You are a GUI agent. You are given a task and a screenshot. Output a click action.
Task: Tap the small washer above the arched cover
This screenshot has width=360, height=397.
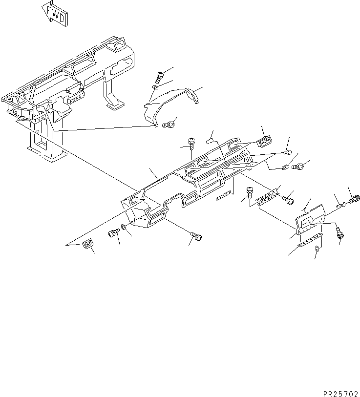click(x=155, y=87)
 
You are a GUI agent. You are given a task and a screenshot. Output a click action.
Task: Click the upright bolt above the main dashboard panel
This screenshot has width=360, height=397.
click(x=191, y=144)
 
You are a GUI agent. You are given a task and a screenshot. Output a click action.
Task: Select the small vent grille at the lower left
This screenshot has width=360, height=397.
click(x=88, y=243)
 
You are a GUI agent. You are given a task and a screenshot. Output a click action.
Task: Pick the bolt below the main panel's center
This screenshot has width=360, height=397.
click(x=196, y=236)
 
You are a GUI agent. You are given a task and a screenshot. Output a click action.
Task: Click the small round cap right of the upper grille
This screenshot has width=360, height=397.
click(x=287, y=152)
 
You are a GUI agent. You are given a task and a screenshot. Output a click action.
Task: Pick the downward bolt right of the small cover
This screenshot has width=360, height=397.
click(x=338, y=232)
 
